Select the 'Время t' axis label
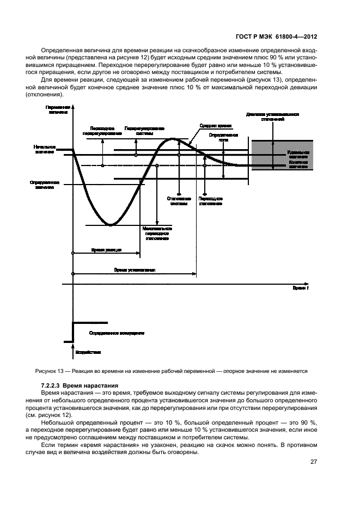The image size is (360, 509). click(x=300, y=287)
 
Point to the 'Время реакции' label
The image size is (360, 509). click(x=106, y=250)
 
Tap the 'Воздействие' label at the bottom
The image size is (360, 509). click(x=88, y=352)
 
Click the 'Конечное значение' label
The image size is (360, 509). click(x=298, y=164)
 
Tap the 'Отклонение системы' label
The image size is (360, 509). click(x=178, y=202)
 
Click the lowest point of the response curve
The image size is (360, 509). click(x=111, y=224)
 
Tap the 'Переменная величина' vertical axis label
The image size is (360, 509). click(x=57, y=110)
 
